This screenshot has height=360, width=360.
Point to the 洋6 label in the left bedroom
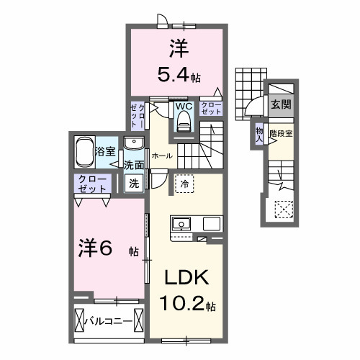[94, 248]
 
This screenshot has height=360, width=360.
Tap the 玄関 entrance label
[280, 104]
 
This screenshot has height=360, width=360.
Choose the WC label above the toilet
[184, 106]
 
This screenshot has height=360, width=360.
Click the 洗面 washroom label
[133, 165]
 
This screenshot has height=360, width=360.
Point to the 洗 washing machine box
[134, 183]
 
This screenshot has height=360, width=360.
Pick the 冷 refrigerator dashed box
[183, 184]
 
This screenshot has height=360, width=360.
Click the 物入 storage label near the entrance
[259, 133]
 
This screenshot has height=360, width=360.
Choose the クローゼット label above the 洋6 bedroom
[93, 183]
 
